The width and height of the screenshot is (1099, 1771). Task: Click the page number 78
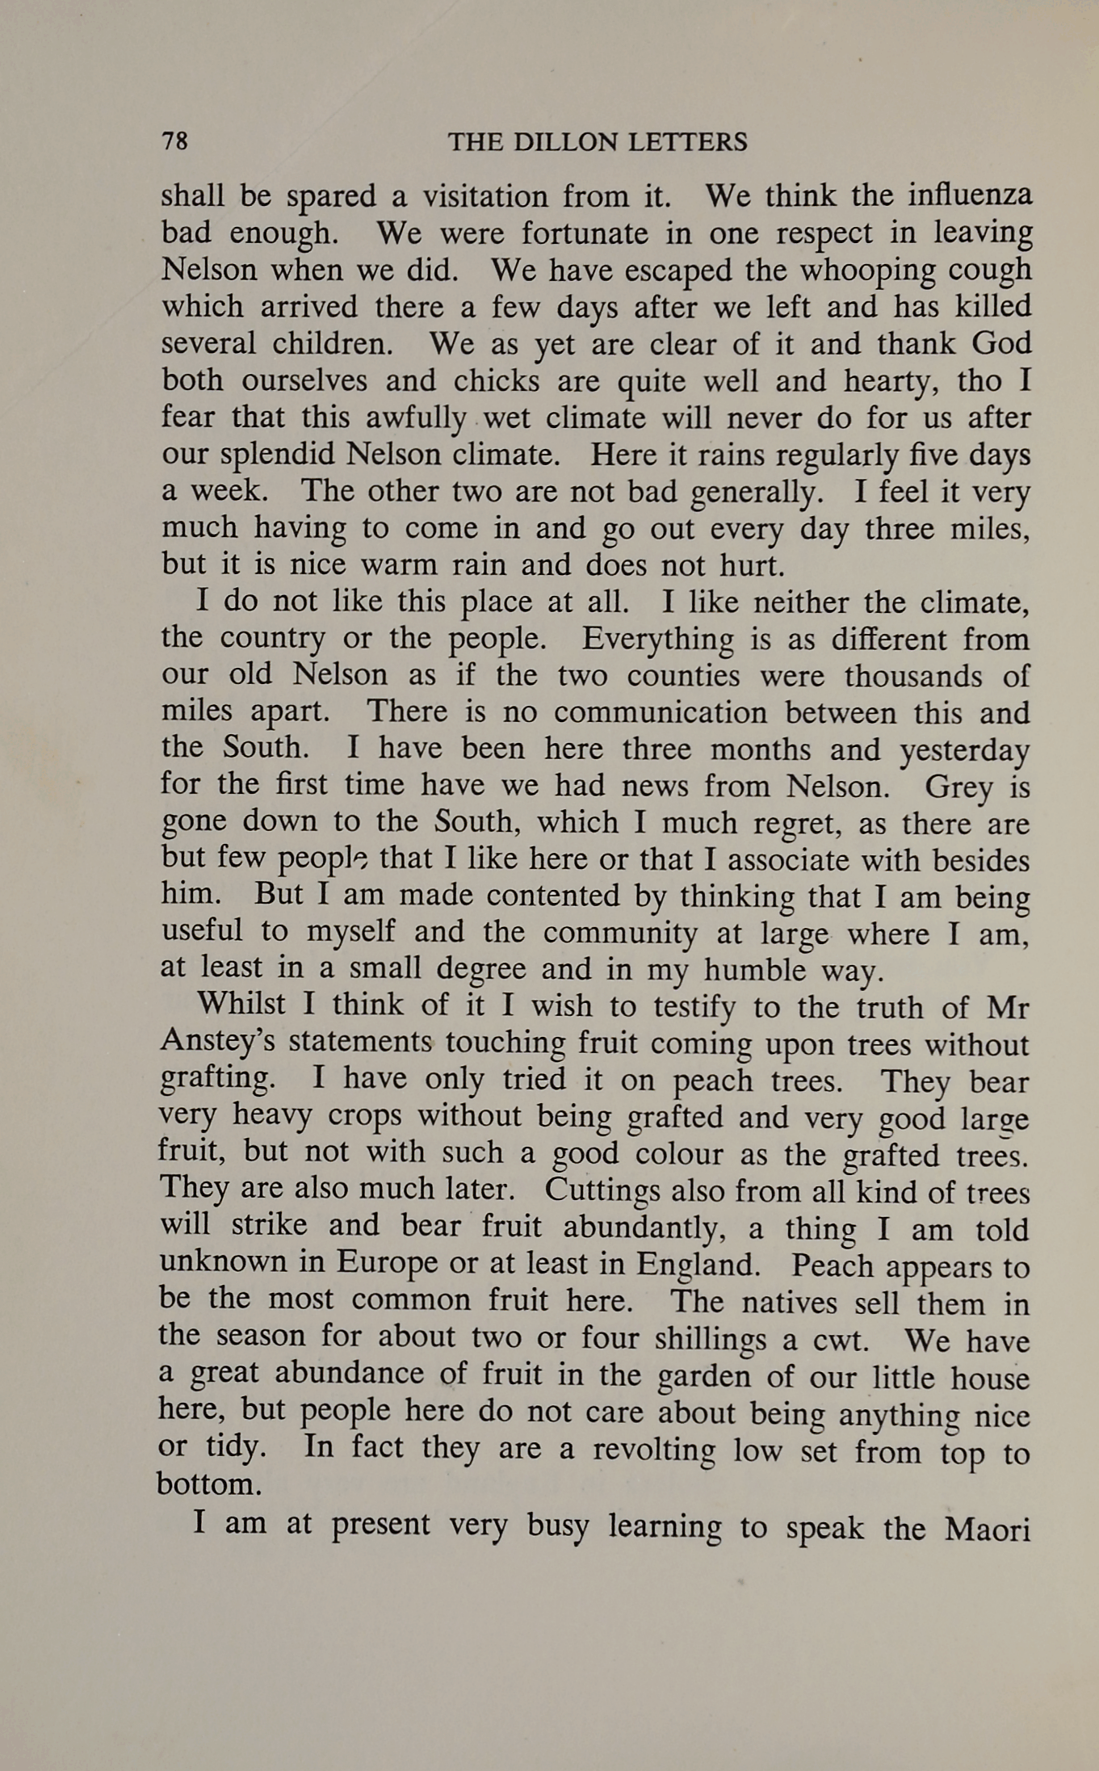point(174,141)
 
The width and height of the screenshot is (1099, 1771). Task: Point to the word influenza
point(970,196)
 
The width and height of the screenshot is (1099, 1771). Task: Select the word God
point(1001,343)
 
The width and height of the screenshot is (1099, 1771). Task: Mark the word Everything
point(657,640)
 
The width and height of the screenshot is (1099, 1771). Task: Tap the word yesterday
point(964,751)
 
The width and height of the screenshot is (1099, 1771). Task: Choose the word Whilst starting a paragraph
point(241,1004)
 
